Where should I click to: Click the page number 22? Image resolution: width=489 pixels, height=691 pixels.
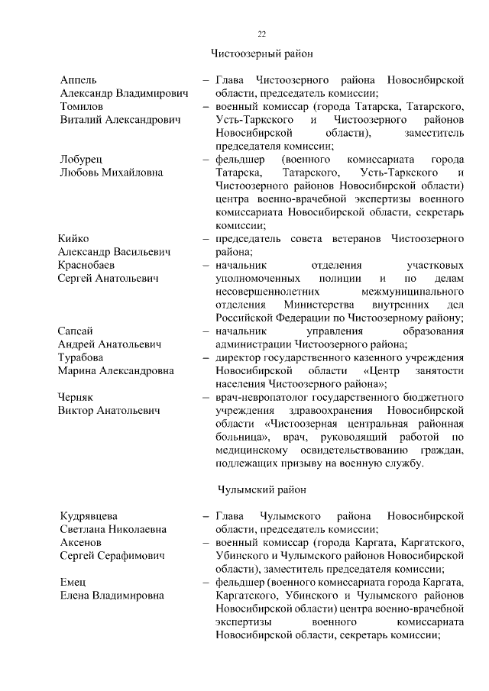point(261,34)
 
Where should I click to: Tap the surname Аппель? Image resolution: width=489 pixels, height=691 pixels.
point(79,79)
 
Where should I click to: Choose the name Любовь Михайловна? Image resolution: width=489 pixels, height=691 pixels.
point(112,173)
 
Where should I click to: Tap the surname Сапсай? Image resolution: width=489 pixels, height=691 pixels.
point(77,331)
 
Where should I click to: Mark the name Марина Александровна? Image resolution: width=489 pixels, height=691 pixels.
point(116,371)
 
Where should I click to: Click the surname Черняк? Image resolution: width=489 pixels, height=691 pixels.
point(79,397)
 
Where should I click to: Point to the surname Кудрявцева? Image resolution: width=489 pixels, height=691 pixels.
point(89,515)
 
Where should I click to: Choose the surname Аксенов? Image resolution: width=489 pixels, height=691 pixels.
point(81,542)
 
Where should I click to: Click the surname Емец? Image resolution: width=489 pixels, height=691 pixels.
point(73,582)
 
